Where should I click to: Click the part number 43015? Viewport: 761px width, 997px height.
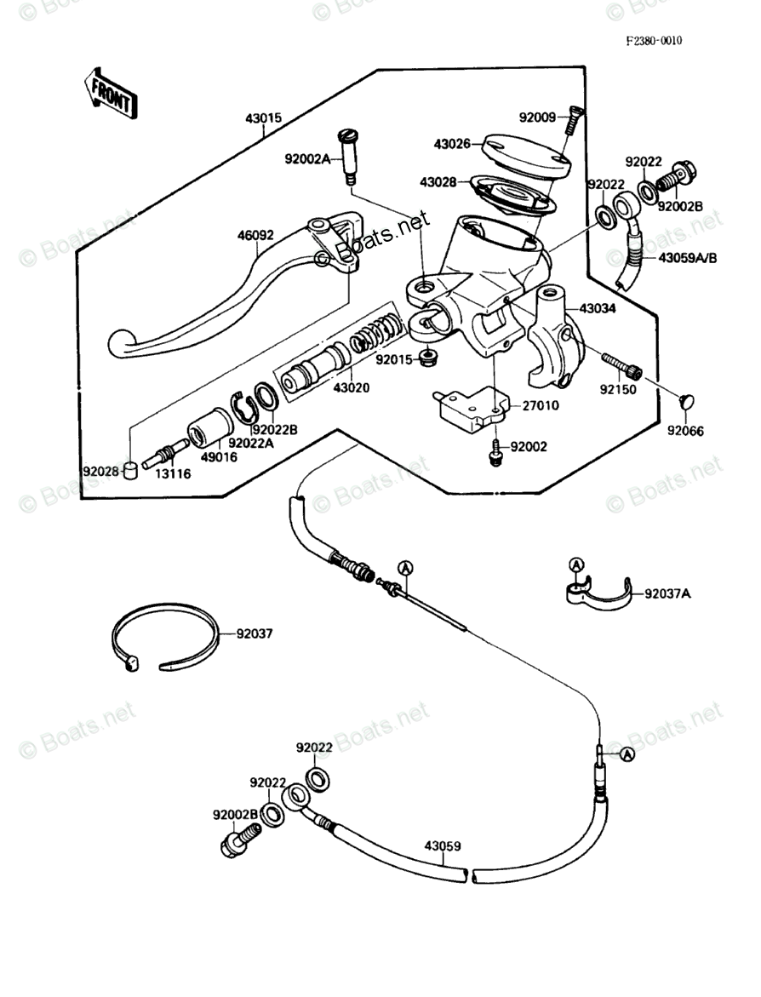coord(263,118)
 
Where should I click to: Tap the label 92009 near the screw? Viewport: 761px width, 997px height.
coord(536,117)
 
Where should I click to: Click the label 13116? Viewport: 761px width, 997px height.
coord(173,473)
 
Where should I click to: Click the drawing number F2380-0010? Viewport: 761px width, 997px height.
coord(655,40)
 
